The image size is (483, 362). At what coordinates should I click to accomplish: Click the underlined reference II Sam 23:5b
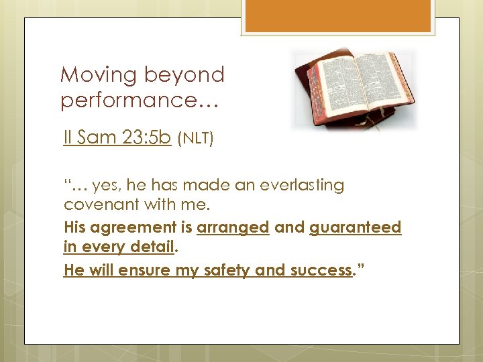(117, 139)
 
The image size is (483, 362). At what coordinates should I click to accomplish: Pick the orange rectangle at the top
(338, 16)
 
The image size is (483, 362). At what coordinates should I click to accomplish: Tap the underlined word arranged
(233, 228)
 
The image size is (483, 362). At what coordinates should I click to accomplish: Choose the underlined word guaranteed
(356, 228)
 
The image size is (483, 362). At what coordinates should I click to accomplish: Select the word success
(322, 271)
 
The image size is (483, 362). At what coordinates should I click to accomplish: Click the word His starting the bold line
(74, 228)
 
